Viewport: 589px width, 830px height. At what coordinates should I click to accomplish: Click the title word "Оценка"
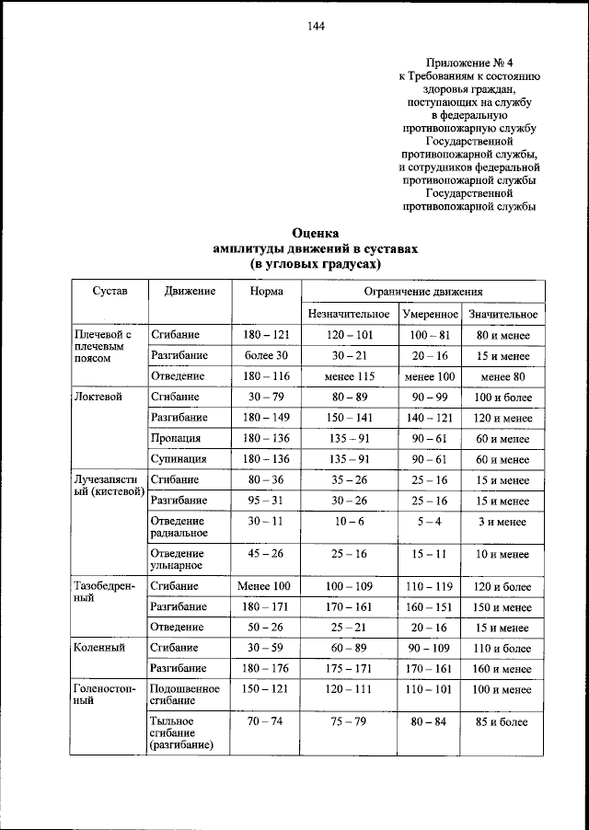tap(315, 233)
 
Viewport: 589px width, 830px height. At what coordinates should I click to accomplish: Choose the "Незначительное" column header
tap(349, 315)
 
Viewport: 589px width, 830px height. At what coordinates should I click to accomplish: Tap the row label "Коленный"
tap(99, 648)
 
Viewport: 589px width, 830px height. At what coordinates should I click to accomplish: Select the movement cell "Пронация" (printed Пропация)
tap(177, 438)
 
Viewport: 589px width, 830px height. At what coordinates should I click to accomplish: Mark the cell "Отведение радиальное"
tap(179, 526)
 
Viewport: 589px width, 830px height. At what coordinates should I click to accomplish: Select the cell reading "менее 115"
tap(349, 376)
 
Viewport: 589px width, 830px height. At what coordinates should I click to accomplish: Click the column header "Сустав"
tap(109, 291)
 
